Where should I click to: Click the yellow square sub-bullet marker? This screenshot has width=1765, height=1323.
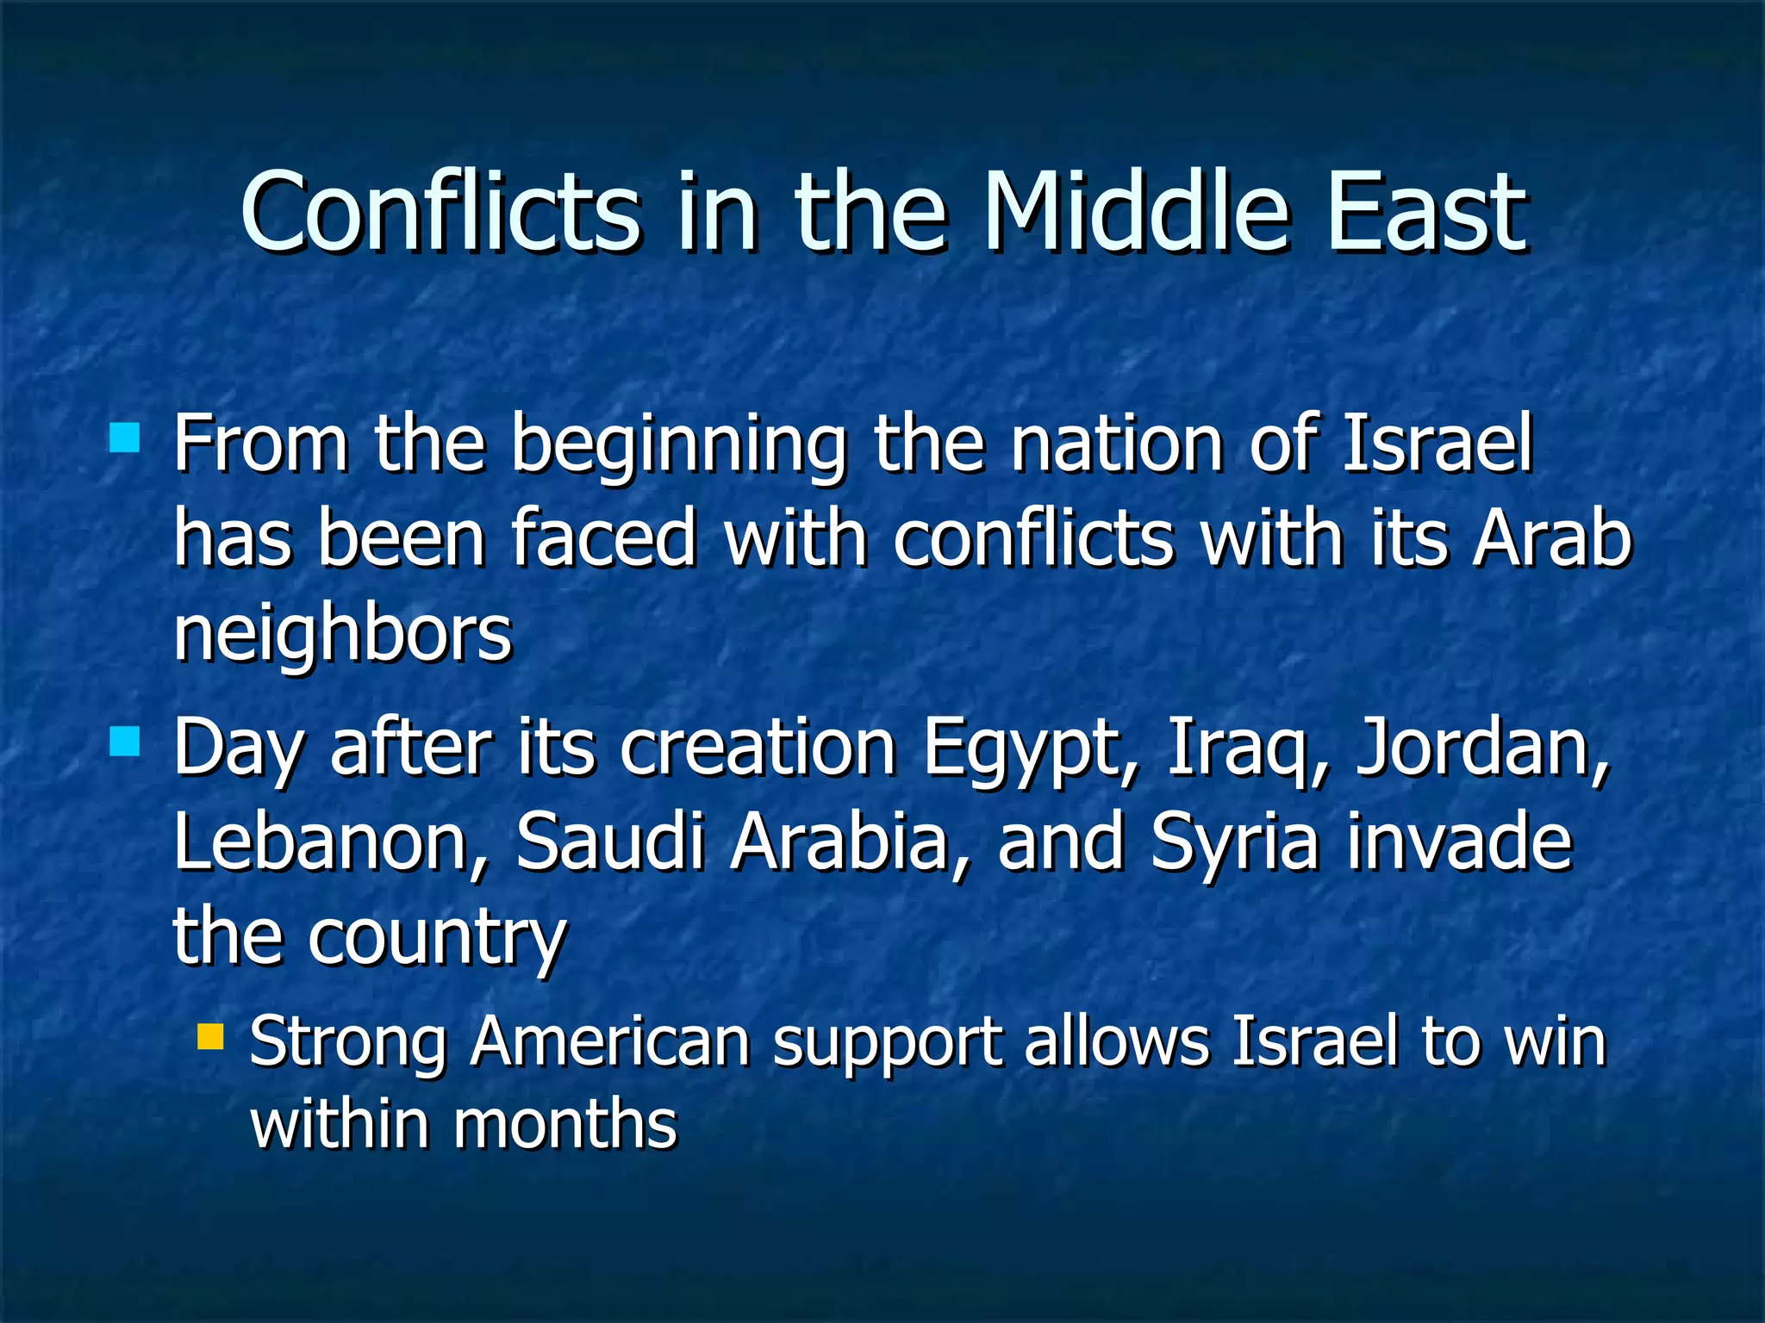pos(209,1036)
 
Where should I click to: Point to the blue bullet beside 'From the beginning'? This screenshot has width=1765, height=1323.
pos(125,438)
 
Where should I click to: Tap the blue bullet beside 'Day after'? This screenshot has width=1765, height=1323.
pos(125,741)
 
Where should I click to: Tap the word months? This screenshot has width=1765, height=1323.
pos(565,1125)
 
